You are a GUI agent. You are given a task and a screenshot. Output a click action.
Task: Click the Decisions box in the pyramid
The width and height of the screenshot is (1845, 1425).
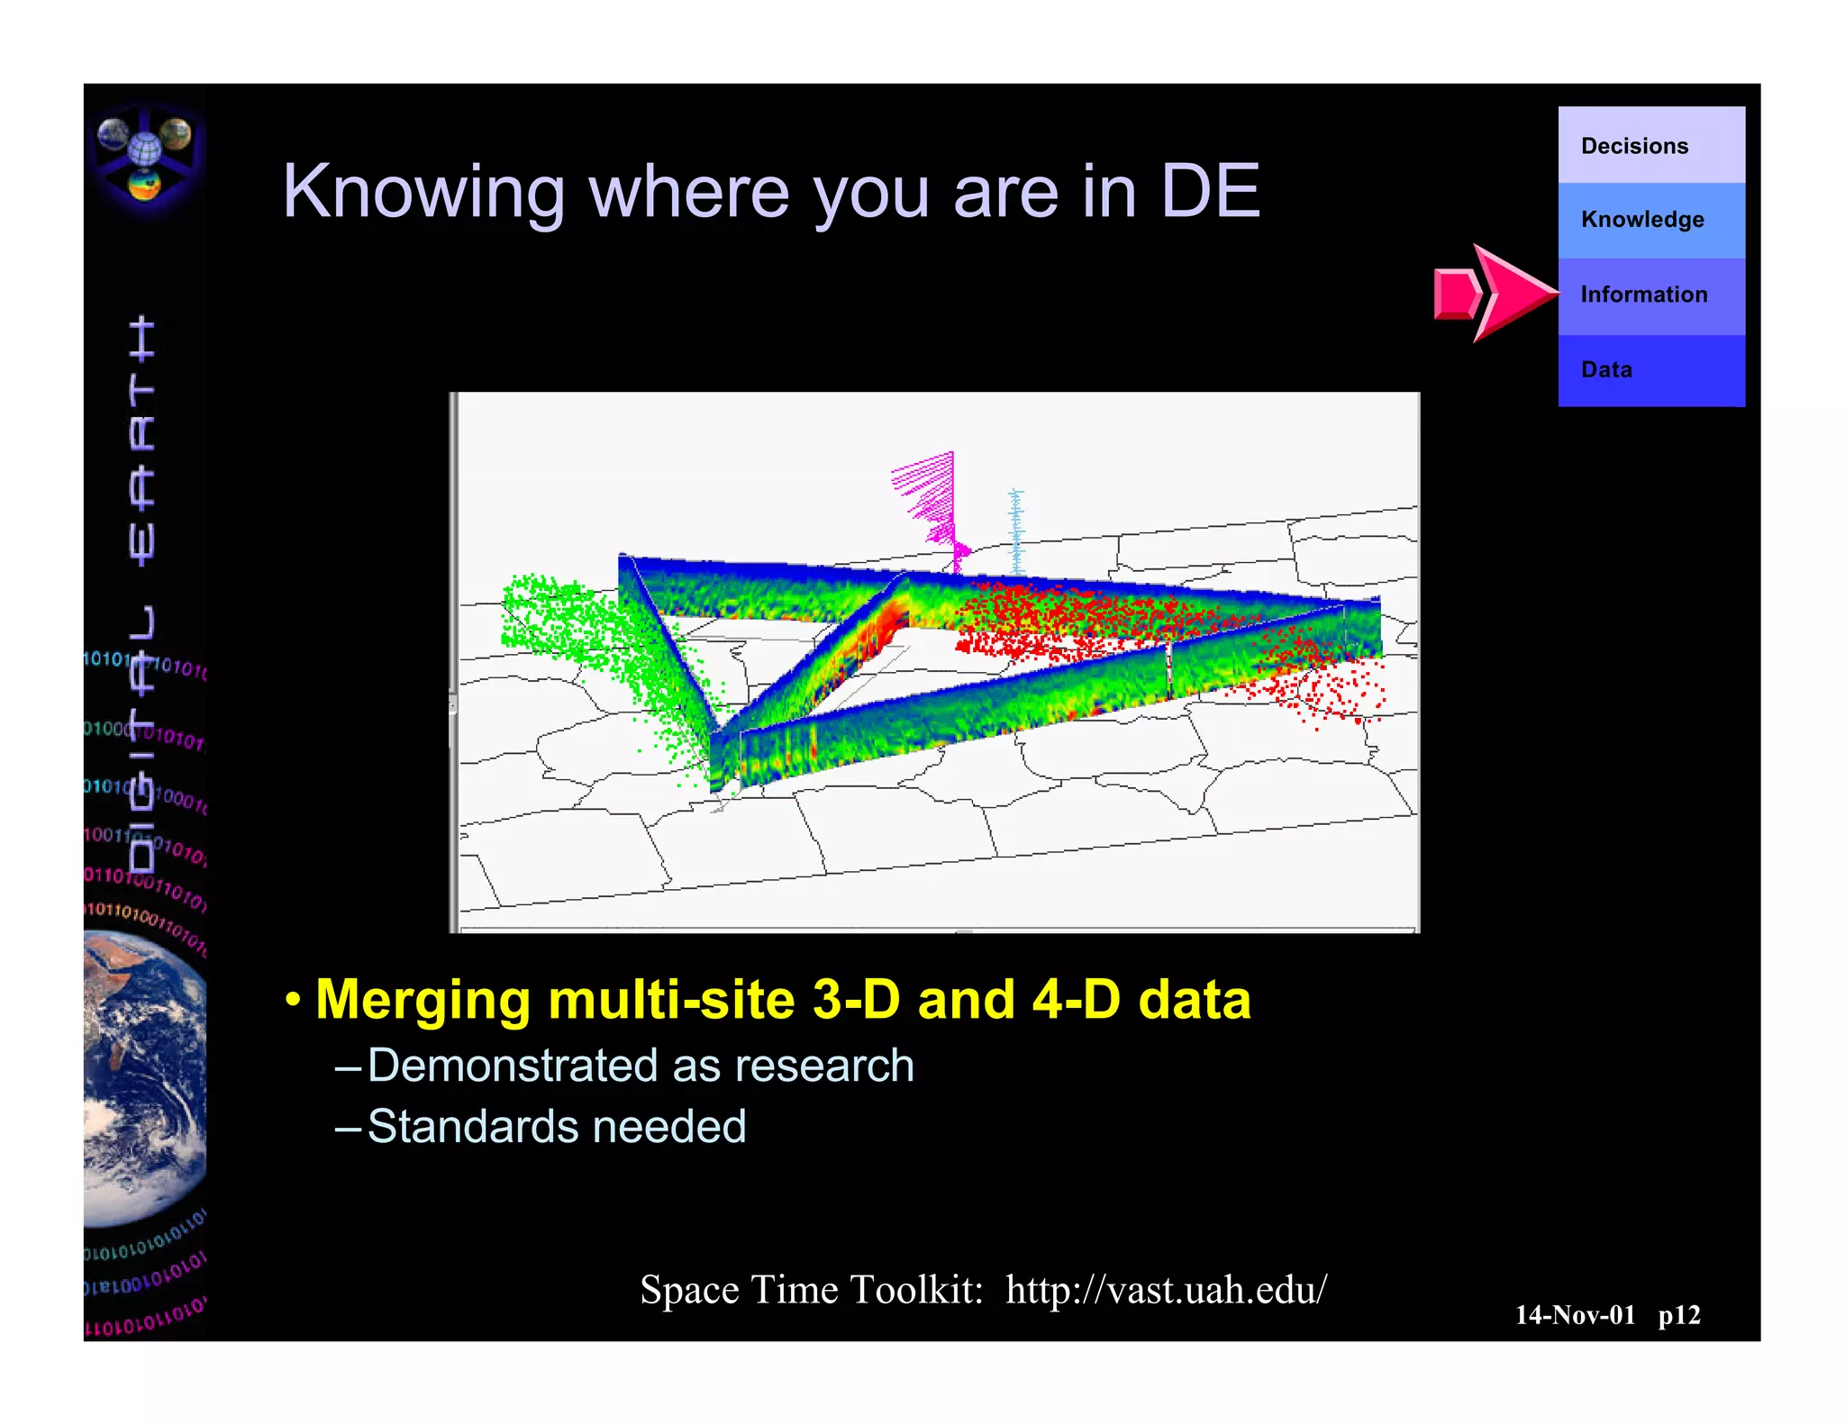tap(1650, 146)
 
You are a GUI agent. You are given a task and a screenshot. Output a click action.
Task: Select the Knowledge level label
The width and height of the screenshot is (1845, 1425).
tap(1642, 220)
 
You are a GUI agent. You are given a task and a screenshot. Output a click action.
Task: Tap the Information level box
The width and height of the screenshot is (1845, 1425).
tap(1650, 295)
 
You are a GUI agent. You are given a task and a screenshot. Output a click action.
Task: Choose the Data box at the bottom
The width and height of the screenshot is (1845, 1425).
tap(1650, 370)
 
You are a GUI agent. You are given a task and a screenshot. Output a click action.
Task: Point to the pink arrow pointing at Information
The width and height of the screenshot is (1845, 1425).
tap(1495, 294)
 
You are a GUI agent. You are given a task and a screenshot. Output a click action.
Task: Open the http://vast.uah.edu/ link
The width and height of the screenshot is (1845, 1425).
tap(1166, 1290)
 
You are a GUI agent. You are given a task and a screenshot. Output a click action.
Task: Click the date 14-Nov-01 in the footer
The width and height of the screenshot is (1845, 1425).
tap(1574, 1315)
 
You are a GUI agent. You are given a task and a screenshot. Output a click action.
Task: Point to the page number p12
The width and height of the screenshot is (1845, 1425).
tap(1678, 1315)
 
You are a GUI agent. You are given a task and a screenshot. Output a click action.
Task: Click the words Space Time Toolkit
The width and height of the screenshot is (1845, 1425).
tap(811, 1290)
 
